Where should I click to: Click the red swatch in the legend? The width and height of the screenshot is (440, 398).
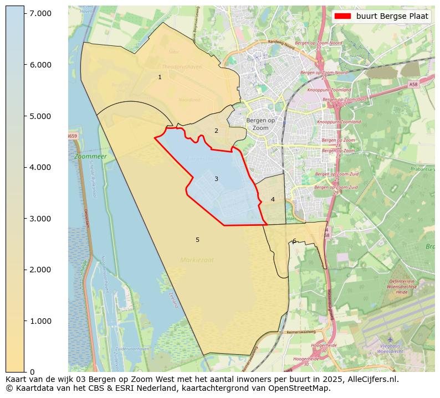(x=342, y=17)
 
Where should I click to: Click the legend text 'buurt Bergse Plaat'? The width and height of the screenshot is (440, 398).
(x=392, y=17)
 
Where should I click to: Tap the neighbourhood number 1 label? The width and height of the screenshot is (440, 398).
(x=160, y=77)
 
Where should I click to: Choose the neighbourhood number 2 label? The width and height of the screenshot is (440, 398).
(x=216, y=131)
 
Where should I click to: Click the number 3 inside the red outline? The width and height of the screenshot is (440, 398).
(x=216, y=179)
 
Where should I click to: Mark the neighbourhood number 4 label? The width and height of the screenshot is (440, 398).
(x=273, y=199)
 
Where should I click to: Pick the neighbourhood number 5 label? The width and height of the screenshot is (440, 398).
(x=197, y=240)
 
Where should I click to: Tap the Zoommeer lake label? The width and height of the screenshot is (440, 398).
(x=90, y=157)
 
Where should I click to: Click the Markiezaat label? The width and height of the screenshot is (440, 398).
(x=196, y=260)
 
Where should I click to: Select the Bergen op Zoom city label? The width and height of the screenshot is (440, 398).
(x=260, y=124)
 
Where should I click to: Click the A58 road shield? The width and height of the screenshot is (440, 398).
(x=413, y=85)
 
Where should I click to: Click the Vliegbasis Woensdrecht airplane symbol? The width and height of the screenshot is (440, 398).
(x=389, y=339)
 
